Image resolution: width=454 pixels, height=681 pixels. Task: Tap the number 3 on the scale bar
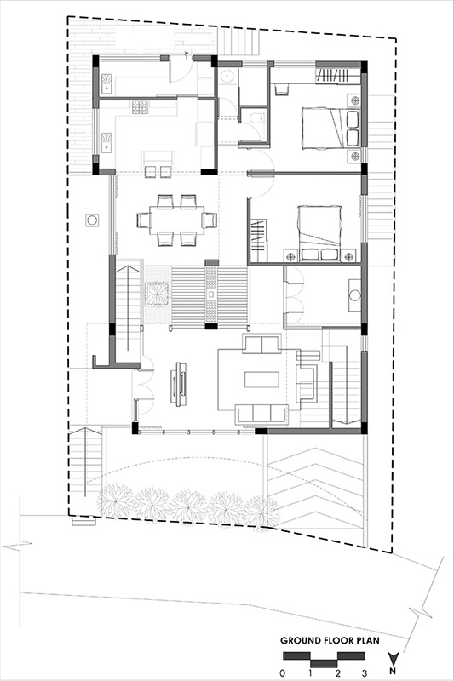pyautogui.click(x=365, y=673)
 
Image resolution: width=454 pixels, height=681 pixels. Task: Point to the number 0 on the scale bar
pyautogui.click(x=283, y=673)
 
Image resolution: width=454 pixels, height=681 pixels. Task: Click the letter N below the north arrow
pyautogui.click(x=393, y=671)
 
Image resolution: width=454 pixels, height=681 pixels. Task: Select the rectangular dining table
pyautogui.click(x=177, y=220)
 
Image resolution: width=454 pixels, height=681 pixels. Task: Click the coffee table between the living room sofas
pyautogui.click(x=261, y=379)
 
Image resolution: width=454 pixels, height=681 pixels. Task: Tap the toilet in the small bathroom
pyautogui.click(x=256, y=117)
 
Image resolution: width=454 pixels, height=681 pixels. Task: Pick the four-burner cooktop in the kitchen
pyautogui.click(x=141, y=107)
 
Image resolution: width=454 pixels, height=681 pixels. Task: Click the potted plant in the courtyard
pyautogui.click(x=158, y=294)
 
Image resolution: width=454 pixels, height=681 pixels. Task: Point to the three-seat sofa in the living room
pyautogui.click(x=262, y=414)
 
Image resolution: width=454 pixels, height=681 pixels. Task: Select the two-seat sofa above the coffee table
pyautogui.click(x=261, y=344)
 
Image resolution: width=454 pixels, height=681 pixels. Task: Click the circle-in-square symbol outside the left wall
pyautogui.click(x=92, y=220)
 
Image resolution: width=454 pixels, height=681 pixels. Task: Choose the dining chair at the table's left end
pyautogui.click(x=144, y=220)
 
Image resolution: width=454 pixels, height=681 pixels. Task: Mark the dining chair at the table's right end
pyautogui.click(x=210, y=220)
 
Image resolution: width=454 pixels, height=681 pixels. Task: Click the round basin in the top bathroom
pyautogui.click(x=227, y=76)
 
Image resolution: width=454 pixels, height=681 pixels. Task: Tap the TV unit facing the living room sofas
pyautogui.click(x=179, y=384)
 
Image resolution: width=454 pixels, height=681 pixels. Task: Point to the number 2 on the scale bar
pyautogui.click(x=337, y=673)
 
